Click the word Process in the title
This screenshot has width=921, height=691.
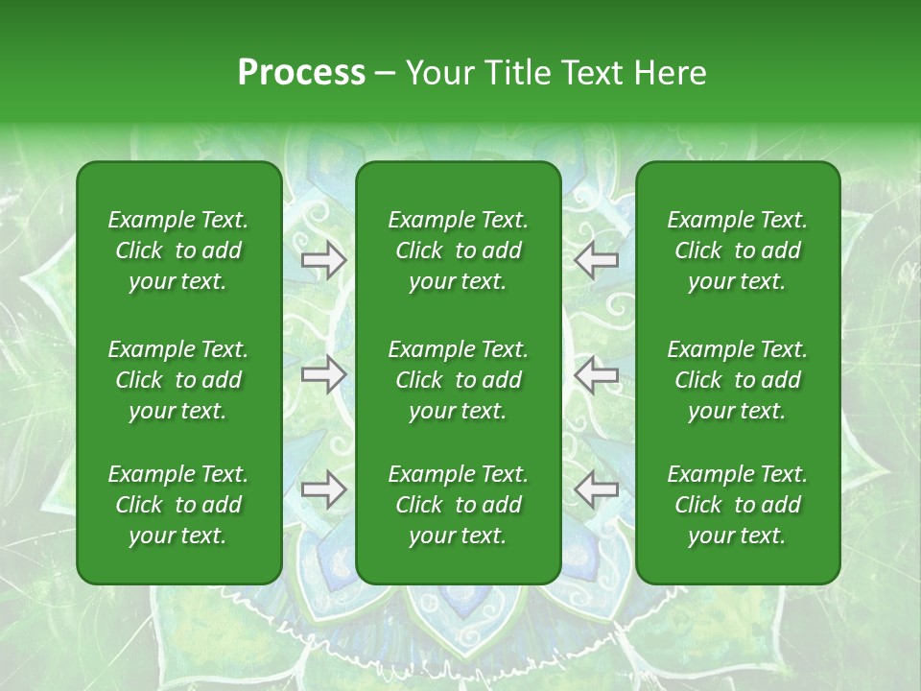tap(301, 73)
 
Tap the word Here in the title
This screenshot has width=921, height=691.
tap(670, 73)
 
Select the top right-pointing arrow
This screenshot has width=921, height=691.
tap(323, 260)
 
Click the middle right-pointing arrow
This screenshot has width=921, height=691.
tap(323, 375)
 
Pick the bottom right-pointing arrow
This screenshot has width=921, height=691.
tap(323, 489)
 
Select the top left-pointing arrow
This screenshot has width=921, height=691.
tap(597, 260)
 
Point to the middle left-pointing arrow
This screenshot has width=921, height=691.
tap(597, 375)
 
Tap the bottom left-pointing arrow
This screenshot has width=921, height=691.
tap(597, 489)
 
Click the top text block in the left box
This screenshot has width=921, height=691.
tap(178, 250)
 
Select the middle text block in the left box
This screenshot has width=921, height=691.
tap(178, 380)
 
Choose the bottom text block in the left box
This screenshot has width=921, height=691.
tap(178, 505)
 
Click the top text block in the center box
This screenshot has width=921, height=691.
tap(458, 250)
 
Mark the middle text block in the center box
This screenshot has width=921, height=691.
tap(458, 380)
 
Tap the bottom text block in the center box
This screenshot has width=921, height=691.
tap(458, 505)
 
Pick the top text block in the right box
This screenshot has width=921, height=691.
tap(737, 250)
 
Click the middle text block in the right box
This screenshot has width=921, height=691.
tap(737, 380)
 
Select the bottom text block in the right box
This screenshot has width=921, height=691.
tap(737, 505)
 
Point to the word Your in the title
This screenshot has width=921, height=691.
tap(437, 73)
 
